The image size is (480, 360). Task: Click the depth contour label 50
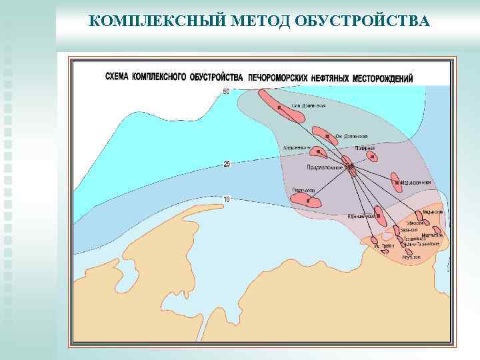click(226, 91)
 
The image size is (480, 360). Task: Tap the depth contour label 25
click(227, 163)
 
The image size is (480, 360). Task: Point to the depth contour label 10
click(227, 199)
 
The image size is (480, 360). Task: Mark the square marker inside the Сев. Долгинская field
click(279, 107)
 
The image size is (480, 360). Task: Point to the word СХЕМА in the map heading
click(118, 77)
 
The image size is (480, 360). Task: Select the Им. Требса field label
click(385, 247)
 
